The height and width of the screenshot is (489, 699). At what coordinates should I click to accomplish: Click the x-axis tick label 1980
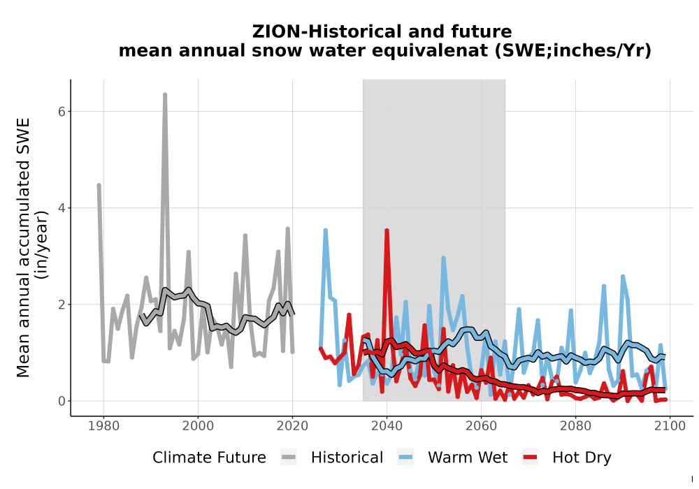point(103,426)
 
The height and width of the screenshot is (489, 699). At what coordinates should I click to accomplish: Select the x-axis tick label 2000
point(198,426)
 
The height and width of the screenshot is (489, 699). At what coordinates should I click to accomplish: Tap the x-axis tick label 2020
point(292,426)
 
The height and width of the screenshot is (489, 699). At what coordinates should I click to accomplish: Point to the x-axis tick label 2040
point(387,426)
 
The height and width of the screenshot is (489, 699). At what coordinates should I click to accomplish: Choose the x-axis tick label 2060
point(481,426)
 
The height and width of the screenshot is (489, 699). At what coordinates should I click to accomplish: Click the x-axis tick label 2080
point(575,426)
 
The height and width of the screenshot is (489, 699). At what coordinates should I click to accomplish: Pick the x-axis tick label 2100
point(670,426)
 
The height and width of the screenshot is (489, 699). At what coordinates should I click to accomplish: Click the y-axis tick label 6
point(62,111)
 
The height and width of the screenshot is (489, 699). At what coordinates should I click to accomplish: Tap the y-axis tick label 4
point(62,208)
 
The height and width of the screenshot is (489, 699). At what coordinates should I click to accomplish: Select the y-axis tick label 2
point(62,305)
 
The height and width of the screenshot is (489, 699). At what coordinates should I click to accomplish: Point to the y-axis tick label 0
point(62,401)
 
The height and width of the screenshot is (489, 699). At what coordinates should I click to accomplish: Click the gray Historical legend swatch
point(289,458)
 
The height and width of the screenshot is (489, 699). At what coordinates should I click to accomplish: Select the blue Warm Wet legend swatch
point(405,458)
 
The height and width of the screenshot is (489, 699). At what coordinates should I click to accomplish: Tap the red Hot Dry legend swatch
point(530,458)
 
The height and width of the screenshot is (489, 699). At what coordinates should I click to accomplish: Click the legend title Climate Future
point(209,458)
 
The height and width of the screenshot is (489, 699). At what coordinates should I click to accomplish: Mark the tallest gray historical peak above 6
point(165,94)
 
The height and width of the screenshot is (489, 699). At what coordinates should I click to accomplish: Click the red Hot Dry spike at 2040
point(387,231)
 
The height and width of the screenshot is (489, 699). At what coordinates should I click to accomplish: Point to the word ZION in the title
point(276,31)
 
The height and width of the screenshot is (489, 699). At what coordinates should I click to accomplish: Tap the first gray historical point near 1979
point(99,185)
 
